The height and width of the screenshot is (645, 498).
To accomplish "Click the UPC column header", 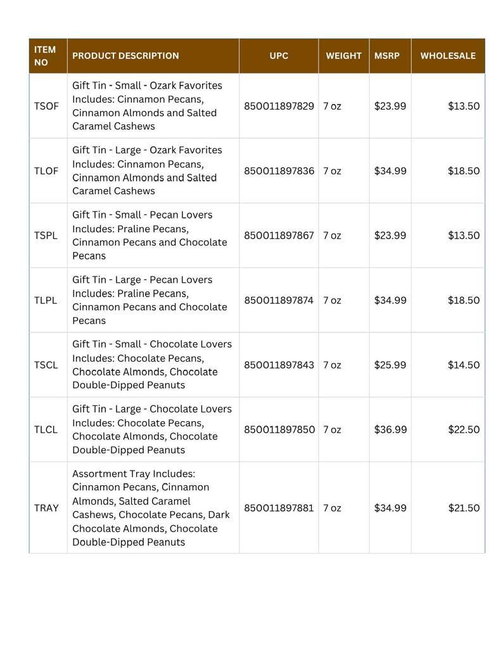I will (279, 56).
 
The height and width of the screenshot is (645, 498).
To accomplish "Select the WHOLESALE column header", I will (447, 56).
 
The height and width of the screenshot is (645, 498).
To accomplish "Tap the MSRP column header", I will (386, 56).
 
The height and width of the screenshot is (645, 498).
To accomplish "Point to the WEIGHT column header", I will (343, 56).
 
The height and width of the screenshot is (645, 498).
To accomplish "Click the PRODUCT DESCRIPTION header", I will (125, 56).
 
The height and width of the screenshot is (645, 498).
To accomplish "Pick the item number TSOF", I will (46, 106).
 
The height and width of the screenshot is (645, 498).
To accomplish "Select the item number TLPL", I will (46, 300).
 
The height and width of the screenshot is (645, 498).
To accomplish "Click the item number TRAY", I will (46, 508).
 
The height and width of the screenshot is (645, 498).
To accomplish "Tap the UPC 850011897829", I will (279, 106).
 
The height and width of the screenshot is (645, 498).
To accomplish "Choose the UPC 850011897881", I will (279, 508).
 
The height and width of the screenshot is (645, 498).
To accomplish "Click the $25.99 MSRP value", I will (390, 365).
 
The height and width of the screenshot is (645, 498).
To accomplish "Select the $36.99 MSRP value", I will (390, 429).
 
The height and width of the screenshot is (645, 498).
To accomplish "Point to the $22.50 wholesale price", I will (464, 429).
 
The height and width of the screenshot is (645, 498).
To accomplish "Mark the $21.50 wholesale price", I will (464, 508).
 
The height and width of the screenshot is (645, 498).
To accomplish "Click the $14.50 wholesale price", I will (464, 365).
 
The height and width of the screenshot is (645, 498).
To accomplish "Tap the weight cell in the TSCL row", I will (332, 365).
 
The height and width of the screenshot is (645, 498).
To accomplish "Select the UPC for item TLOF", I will (279, 171).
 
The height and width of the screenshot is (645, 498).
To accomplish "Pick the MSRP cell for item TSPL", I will (390, 235).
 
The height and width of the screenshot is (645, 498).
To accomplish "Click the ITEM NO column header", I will (45, 56).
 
